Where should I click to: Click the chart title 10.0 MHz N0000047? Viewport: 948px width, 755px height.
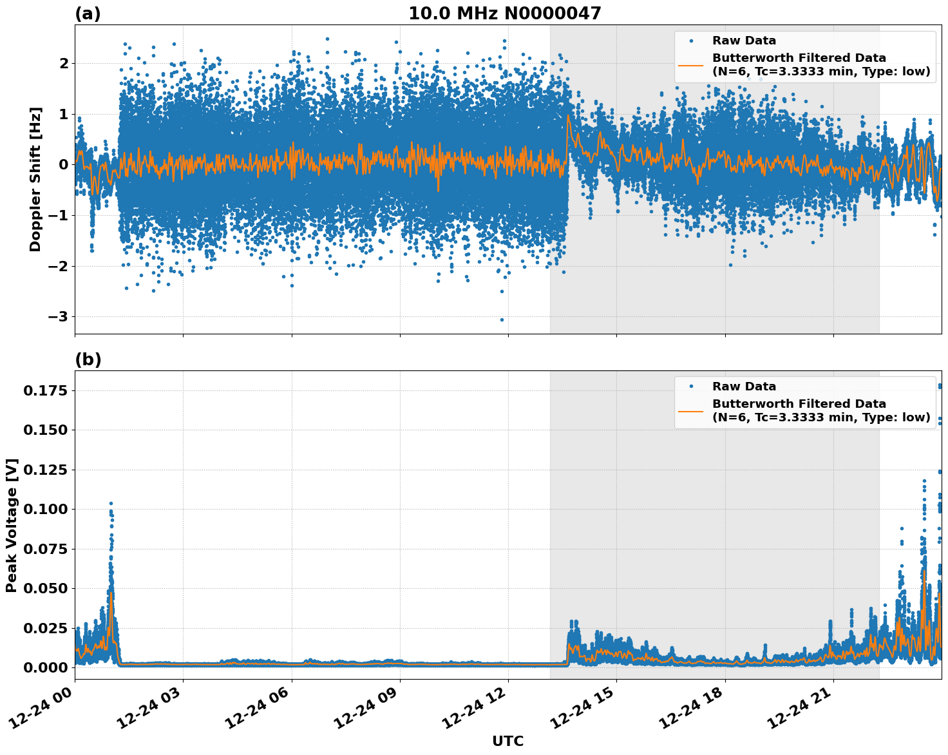pyautogui.click(x=505, y=14)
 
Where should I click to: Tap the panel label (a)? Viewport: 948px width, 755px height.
pyautogui.click(x=88, y=14)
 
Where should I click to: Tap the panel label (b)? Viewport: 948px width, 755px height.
pyautogui.click(x=88, y=359)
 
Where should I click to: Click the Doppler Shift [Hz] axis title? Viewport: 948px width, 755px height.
pyautogui.click(x=35, y=179)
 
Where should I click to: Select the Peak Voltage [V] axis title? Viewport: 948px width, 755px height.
pyautogui.click(x=12, y=525)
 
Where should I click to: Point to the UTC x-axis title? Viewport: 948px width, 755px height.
pyautogui.click(x=507, y=741)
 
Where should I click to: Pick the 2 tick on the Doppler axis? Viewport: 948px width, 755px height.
pyautogui.click(x=64, y=63)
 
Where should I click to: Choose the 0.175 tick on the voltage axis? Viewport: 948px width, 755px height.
pyautogui.click(x=45, y=390)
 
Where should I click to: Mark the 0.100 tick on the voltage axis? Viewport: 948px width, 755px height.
pyautogui.click(x=45, y=509)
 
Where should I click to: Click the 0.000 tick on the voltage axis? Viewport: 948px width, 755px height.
pyautogui.click(x=45, y=667)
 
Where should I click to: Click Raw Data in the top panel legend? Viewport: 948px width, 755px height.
pyautogui.click(x=744, y=41)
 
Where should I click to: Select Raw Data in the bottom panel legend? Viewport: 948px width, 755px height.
pyautogui.click(x=744, y=387)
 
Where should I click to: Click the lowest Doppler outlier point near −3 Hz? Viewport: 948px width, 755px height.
pyautogui.click(x=502, y=320)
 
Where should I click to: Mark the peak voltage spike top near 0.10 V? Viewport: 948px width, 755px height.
pyautogui.click(x=111, y=503)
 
